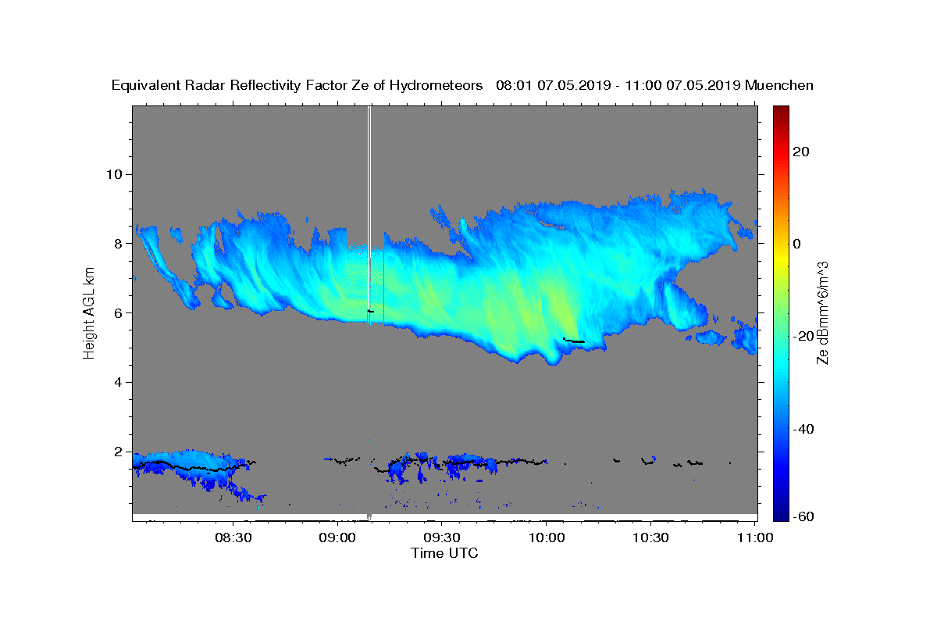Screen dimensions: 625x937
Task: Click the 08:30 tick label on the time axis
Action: coord(233,537)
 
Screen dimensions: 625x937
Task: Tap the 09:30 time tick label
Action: coord(441,537)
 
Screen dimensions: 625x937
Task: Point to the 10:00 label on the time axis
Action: coord(546,537)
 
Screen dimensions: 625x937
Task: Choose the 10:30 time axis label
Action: coord(650,537)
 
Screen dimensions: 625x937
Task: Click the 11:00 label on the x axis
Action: coord(754,537)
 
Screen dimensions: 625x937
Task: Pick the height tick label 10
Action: coord(113,174)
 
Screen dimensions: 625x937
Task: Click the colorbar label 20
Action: coord(801,152)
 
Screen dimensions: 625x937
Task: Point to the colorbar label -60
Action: coord(803,516)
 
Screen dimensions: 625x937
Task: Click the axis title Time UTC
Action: coord(444,553)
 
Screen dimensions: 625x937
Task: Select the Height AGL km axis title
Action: coord(89,312)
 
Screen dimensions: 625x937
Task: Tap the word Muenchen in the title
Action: coord(779,85)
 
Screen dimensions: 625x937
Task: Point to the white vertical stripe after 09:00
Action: coord(369,211)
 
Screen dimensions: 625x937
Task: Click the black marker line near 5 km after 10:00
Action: coord(574,341)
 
